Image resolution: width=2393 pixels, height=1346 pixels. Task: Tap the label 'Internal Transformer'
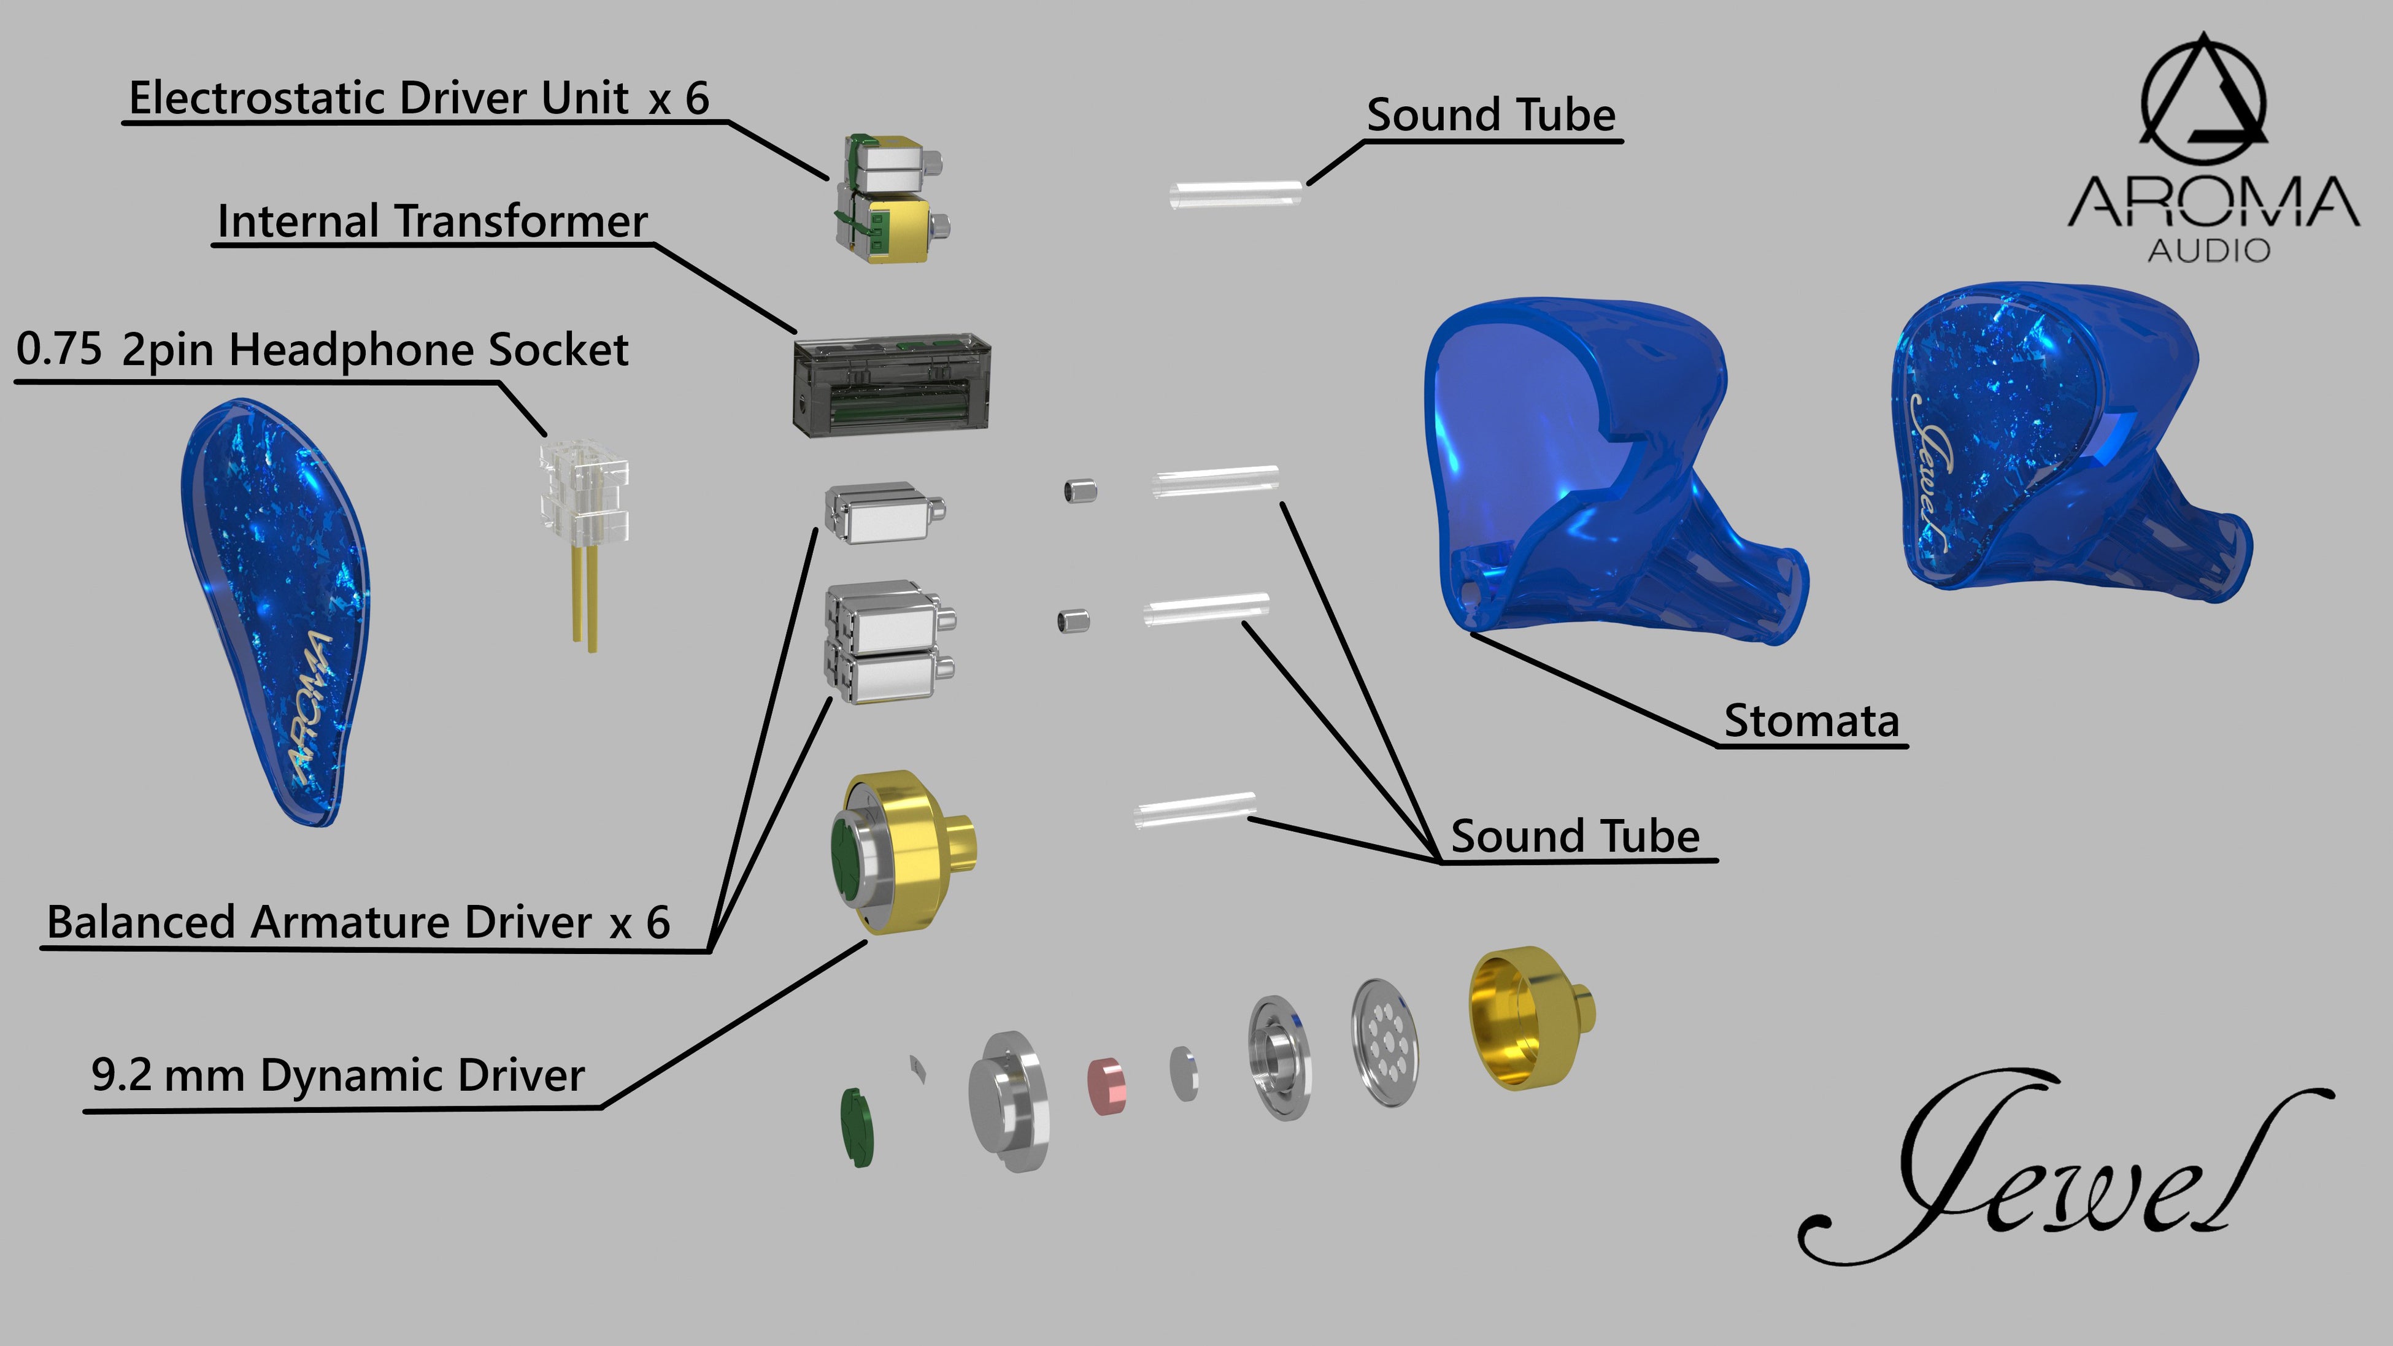(432, 222)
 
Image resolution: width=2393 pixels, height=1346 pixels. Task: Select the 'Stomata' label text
(1811, 721)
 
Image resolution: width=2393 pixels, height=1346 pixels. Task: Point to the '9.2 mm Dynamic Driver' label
(338, 1075)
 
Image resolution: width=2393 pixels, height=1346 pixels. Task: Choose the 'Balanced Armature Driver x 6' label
(358, 923)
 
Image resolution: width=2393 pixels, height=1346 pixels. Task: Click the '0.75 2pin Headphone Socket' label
(322, 350)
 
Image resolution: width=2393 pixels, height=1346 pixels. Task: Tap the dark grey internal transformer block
(892, 385)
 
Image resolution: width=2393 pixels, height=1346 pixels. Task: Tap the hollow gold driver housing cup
(1524, 1017)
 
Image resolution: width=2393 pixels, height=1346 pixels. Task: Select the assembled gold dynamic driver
(901, 850)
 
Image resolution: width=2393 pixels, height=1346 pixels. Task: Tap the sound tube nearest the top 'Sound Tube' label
(1236, 197)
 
